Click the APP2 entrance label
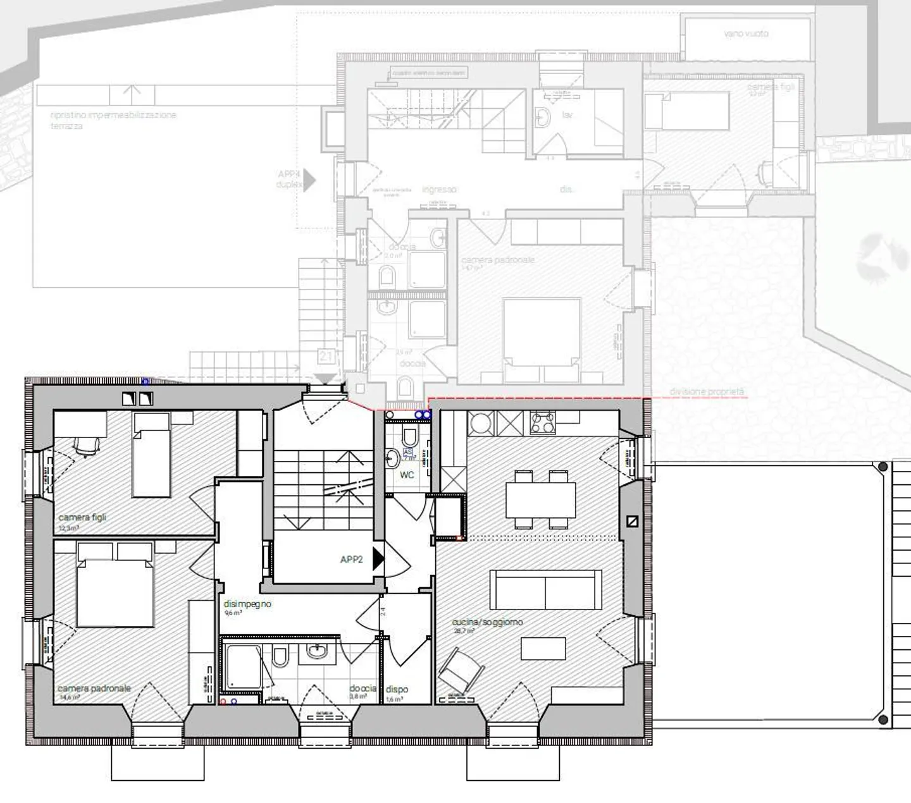[351, 560]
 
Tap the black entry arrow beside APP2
[378, 559]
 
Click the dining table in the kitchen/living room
[540, 499]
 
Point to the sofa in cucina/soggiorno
[546, 589]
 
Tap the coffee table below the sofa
[543, 648]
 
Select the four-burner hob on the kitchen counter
[542, 422]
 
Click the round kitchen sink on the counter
[481, 422]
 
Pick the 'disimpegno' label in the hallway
[247, 604]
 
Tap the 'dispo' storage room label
[397, 689]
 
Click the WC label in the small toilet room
[407, 474]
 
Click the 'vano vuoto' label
[746, 33]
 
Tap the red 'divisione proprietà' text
[707, 392]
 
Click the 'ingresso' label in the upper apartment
[439, 189]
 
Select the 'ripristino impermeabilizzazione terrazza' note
[113, 120]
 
